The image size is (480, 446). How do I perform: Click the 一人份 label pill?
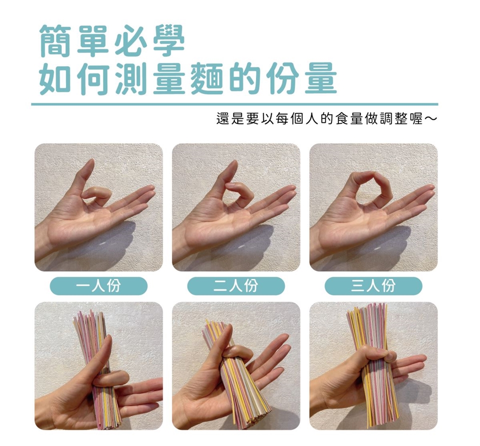click(x=98, y=286)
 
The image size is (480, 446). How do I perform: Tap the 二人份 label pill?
click(x=236, y=286)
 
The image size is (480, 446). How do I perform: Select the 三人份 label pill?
click(x=373, y=286)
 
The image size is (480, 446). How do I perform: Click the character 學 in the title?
click(x=168, y=41)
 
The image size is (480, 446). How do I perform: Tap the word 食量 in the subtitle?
click(x=348, y=118)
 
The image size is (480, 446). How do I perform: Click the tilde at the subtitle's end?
click(x=430, y=119)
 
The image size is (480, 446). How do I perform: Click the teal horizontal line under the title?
click(x=234, y=104)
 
